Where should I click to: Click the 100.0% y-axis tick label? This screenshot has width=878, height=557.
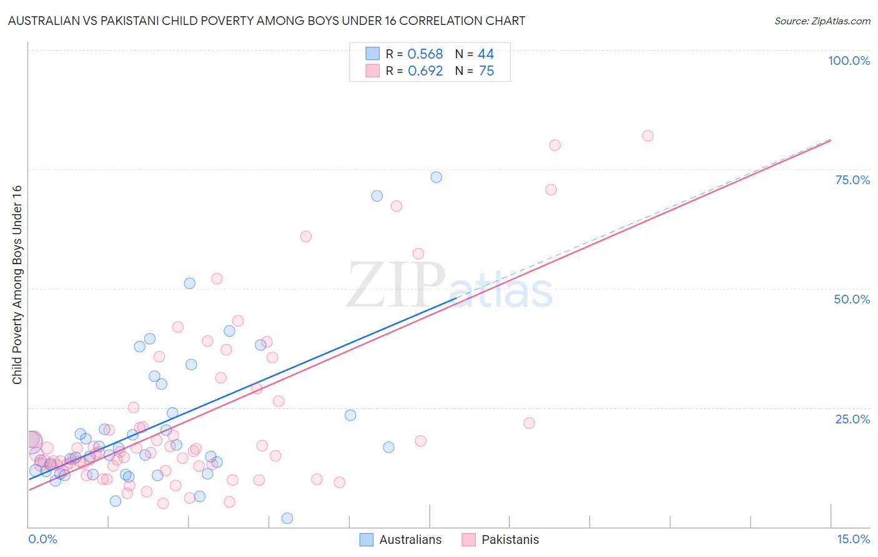click(849, 61)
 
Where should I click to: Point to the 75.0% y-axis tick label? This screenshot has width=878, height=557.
click(852, 180)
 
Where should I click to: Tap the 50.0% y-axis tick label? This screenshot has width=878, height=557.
click(852, 299)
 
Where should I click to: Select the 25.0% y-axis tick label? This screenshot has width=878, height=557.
click(852, 418)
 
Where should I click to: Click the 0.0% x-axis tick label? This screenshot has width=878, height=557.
click(42, 539)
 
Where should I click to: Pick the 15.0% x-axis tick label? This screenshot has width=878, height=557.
click(853, 539)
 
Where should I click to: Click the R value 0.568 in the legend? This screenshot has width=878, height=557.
click(425, 54)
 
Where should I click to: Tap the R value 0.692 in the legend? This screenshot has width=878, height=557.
click(425, 71)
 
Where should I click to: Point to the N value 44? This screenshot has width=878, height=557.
click(485, 54)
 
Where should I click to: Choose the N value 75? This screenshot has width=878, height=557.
click(486, 71)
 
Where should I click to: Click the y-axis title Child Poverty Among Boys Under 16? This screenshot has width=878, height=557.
click(17, 285)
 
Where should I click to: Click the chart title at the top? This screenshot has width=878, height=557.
click(266, 21)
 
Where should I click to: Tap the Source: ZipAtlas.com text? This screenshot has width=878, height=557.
click(822, 21)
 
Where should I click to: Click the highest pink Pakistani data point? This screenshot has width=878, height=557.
click(648, 136)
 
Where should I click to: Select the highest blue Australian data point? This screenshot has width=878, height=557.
click(436, 177)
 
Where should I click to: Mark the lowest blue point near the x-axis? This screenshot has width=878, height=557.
click(287, 518)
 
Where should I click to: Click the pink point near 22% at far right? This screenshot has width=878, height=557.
click(529, 423)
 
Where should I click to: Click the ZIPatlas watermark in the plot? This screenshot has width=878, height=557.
click(450, 287)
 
